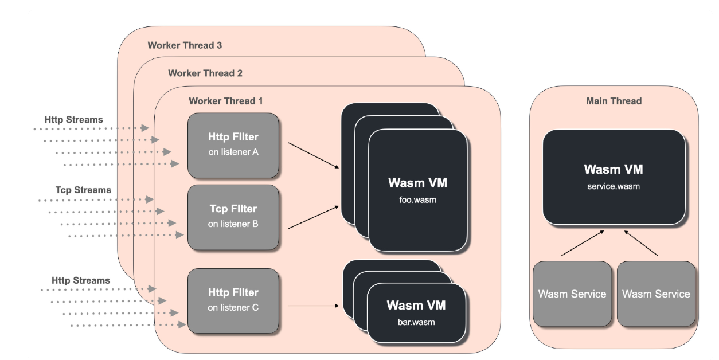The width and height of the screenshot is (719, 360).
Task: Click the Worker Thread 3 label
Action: click(185, 45)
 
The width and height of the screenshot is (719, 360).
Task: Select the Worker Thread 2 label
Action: click(205, 73)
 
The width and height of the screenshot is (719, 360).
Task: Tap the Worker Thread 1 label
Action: click(225, 101)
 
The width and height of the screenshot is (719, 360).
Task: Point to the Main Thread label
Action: click(614, 101)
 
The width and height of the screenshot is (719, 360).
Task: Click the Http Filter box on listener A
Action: click(233, 145)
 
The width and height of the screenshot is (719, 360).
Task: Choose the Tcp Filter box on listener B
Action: click(233, 217)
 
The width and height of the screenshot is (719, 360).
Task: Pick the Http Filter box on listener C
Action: click(233, 300)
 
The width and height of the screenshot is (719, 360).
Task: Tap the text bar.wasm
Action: click(416, 322)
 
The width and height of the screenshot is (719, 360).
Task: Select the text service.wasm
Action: click(613, 186)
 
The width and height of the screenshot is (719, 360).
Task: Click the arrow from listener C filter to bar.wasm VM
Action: click(313, 306)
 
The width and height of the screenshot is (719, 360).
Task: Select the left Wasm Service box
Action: click(572, 294)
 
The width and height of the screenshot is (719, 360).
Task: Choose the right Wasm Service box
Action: click(656, 294)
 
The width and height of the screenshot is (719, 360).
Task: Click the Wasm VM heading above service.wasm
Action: click(613, 170)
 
